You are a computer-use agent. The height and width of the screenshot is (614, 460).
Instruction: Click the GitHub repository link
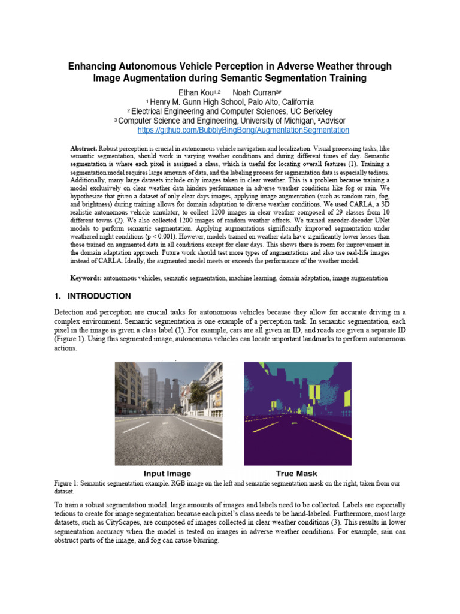point(243,130)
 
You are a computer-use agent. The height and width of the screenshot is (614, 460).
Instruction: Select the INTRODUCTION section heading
point(99,296)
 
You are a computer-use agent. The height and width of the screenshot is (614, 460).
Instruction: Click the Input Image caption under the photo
point(167,474)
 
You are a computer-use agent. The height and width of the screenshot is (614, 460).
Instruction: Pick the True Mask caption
point(296,474)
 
